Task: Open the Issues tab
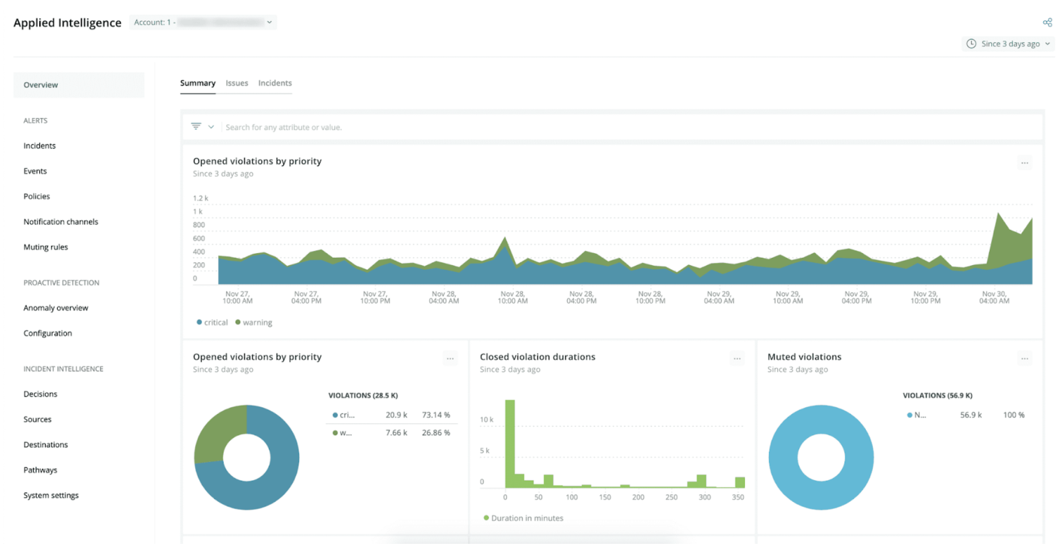(236, 83)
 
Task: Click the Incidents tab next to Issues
(275, 83)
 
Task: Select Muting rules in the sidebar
(45, 247)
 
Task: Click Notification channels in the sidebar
(61, 222)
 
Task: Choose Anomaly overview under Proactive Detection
(56, 308)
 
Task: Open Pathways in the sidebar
(40, 470)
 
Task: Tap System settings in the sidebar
(51, 495)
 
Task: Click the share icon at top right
(1047, 23)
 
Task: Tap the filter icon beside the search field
(196, 126)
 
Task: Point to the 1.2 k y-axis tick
(200, 198)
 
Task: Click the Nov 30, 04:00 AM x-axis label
(994, 297)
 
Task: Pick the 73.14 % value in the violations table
(435, 415)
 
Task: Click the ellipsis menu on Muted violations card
(1024, 359)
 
